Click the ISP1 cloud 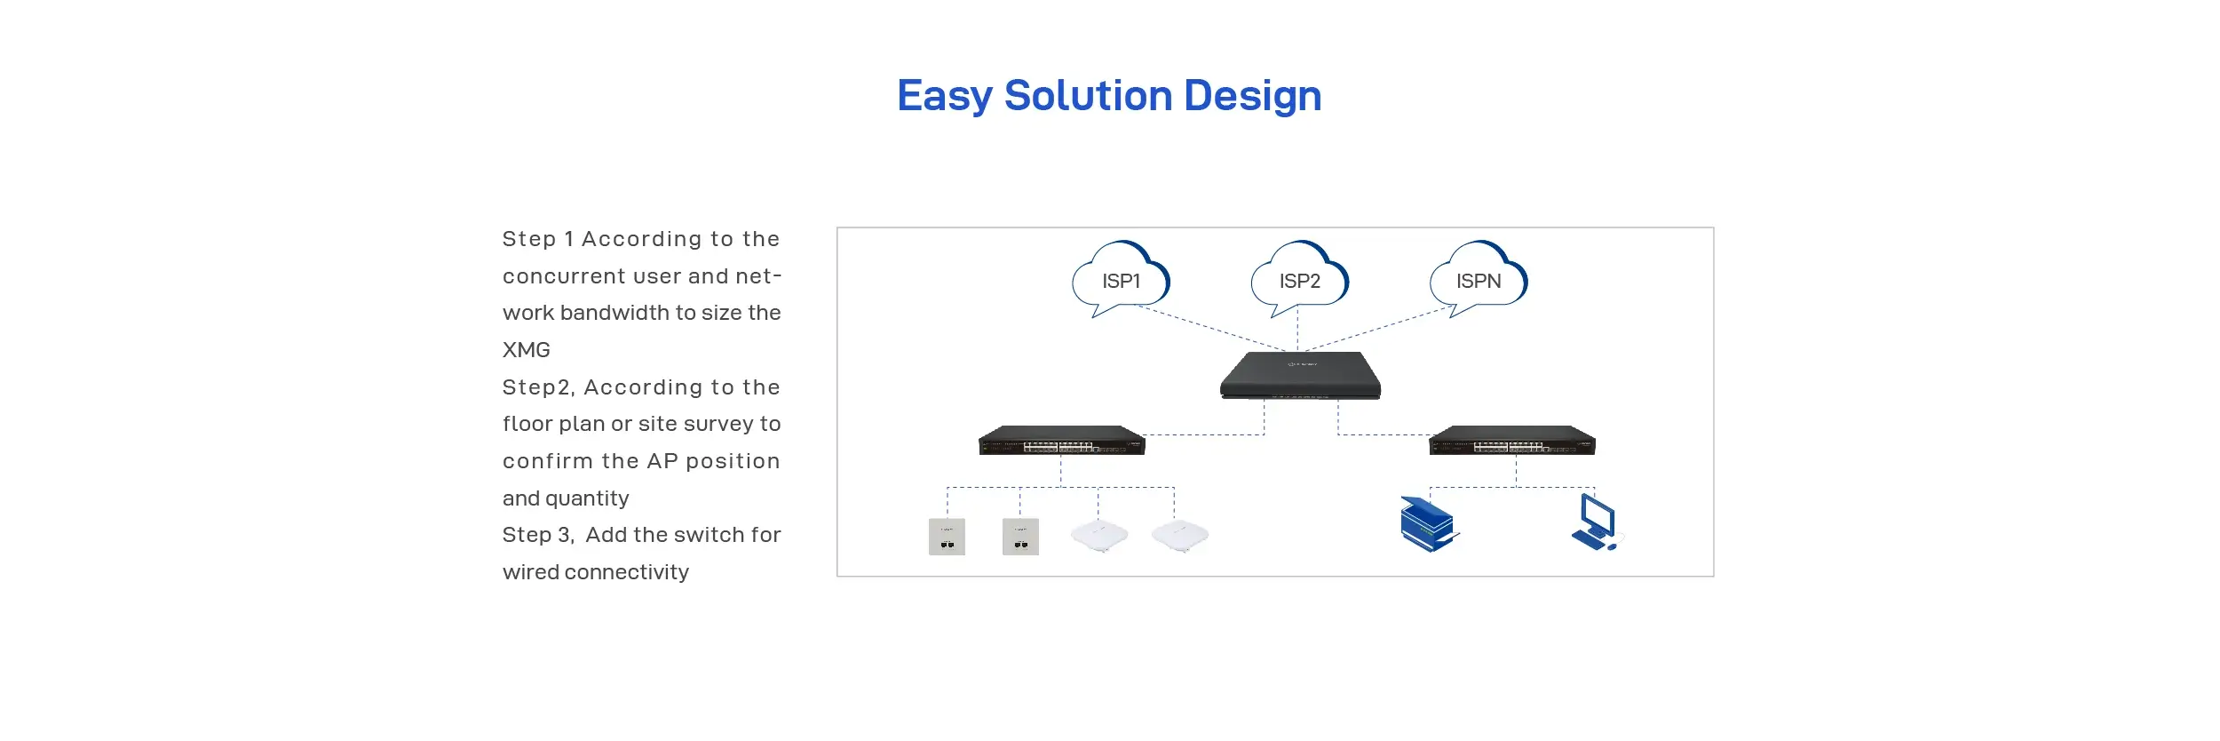point(1121,279)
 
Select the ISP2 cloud point(1299,279)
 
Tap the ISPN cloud point(1479,279)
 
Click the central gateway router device point(1300,376)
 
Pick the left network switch point(1061,441)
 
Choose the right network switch point(1512,441)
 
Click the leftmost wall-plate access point point(947,537)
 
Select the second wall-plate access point point(1020,537)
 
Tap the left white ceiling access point point(1099,536)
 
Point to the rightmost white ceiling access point point(1180,536)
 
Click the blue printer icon point(1429,524)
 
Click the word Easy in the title point(945,96)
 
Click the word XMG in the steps point(527,350)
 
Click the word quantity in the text point(587,499)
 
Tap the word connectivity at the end point(627,573)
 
